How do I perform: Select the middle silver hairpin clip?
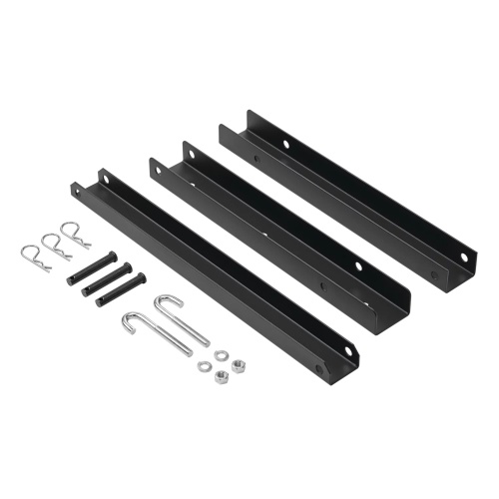coord(49,243)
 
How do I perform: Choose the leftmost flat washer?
coord(205,367)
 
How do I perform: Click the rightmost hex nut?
coord(239,366)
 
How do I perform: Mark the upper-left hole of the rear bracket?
coord(284,145)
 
